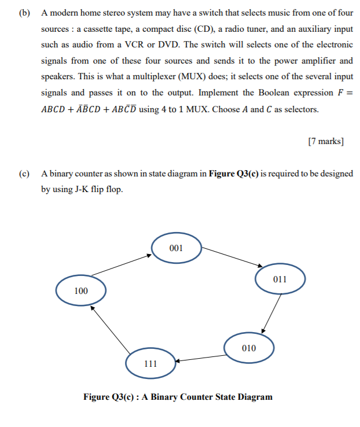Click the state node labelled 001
[177, 248]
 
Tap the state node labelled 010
[249, 348]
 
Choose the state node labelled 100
[81, 291]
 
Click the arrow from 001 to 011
[229, 257]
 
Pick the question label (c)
[24, 174]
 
